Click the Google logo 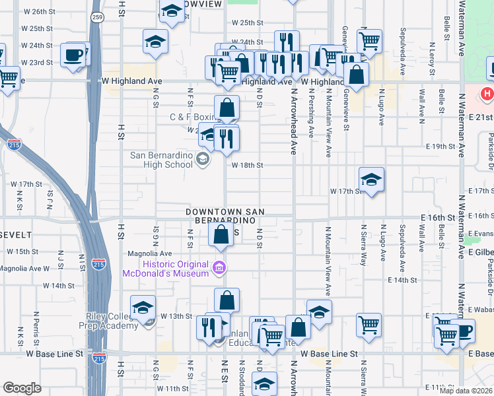[x=22, y=388]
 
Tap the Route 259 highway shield [x=97, y=18]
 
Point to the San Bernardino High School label [x=161, y=160]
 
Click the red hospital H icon [x=487, y=94]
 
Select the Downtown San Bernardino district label [x=225, y=216]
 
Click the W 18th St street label [x=246, y=165]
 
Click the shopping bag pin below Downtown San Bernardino [x=221, y=234]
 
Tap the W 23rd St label [x=37, y=63]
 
